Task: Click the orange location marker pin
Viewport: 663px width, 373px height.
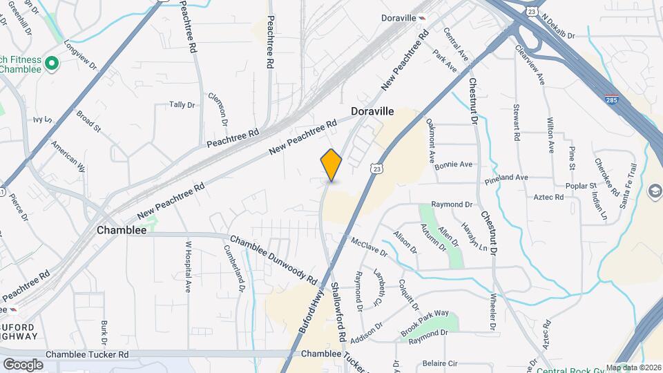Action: coord(331,165)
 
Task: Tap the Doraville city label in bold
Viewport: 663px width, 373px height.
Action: coord(372,111)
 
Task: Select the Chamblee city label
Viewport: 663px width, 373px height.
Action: coord(122,230)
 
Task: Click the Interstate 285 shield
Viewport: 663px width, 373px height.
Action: coord(611,99)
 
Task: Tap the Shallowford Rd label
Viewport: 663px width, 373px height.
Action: coord(338,312)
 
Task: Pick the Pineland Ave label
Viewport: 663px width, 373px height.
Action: coord(506,178)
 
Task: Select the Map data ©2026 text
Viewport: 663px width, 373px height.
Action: coord(633,367)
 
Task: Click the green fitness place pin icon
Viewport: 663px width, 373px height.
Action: coord(51,64)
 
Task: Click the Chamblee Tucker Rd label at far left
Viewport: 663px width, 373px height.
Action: coord(87,354)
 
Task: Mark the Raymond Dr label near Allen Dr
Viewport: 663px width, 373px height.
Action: coord(451,204)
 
